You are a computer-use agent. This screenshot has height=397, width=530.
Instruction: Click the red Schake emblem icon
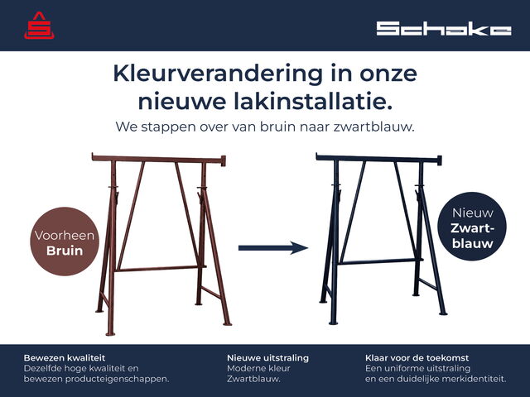point(39,26)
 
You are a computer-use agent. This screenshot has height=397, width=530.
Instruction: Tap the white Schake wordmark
point(444,29)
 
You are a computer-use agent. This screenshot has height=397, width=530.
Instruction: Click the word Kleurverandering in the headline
point(218,74)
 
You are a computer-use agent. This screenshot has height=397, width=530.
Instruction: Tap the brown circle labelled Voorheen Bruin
point(65,242)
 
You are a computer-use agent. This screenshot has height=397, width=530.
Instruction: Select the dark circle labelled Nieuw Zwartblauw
point(472,226)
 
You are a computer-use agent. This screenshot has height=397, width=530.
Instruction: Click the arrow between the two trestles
point(273,248)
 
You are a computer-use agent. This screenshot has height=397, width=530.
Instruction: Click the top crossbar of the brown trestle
point(159,159)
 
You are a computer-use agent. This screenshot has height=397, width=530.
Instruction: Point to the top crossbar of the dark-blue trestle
point(378,158)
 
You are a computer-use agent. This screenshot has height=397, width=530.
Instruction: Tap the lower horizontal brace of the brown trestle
point(161,269)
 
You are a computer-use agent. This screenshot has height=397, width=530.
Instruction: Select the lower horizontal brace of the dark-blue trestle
point(381,261)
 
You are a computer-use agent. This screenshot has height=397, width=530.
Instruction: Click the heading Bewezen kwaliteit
point(65,358)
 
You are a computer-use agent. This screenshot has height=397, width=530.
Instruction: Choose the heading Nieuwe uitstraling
point(267,358)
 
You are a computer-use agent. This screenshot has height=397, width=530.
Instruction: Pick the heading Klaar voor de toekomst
point(417,358)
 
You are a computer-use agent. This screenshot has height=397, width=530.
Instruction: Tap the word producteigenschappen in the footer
point(117,379)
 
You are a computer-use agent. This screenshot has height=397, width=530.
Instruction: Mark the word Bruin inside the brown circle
point(65,251)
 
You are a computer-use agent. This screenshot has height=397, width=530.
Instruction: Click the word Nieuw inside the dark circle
point(473,213)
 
